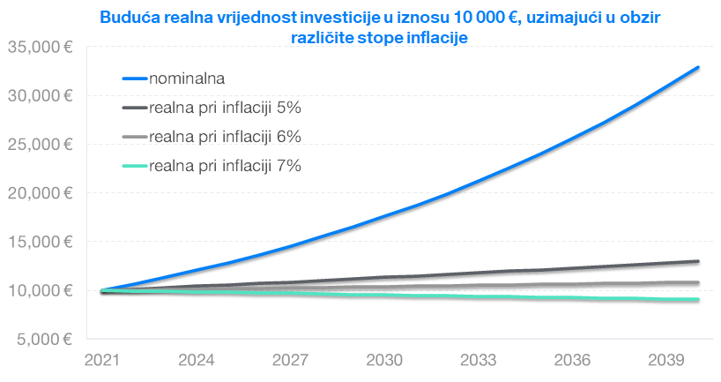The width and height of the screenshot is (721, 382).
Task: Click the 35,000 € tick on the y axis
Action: pos(40,47)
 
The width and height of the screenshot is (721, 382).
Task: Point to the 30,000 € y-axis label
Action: pos(40,95)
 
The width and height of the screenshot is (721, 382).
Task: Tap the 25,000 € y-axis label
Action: pos(40,144)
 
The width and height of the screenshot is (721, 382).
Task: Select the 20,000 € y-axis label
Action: pos(40,192)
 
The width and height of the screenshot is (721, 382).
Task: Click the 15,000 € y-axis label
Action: pos(40,242)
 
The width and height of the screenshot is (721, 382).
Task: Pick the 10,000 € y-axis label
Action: pos(40,290)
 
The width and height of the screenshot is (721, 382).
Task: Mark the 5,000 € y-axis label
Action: pos(43,339)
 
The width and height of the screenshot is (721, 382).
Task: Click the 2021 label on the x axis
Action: pos(102,360)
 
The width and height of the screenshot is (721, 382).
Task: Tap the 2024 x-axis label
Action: pos(197,360)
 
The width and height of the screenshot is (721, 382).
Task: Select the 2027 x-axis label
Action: pos(290,360)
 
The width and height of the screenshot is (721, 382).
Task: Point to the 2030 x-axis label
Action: pos(384,360)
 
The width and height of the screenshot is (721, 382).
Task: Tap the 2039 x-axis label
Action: pos(666,360)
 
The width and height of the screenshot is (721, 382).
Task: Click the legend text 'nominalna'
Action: pos(188,78)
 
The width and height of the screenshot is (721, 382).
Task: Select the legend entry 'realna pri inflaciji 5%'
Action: pos(226,108)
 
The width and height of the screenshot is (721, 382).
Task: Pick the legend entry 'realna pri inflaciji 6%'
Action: pos(226,137)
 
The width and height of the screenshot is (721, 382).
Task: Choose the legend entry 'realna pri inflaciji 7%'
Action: pos(226,166)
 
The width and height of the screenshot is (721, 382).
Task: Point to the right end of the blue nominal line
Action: pos(698,67)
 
